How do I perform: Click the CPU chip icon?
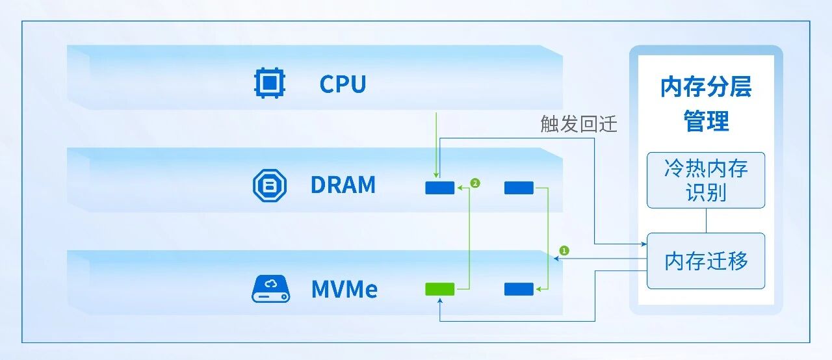269,84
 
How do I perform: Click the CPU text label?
343,84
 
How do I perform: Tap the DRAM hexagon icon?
269,185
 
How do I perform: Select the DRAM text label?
343,185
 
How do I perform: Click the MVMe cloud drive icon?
270,289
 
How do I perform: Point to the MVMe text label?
344,289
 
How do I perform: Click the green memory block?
439,289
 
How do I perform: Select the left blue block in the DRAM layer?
439,188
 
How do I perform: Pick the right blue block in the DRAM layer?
519,188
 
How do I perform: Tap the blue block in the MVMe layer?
519,289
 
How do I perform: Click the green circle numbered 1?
564,250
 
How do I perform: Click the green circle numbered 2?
475,184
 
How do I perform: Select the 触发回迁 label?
578,124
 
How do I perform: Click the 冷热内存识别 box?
706,180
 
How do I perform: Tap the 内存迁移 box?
706,261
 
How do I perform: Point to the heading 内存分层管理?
706,104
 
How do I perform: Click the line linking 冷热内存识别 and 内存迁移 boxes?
706,220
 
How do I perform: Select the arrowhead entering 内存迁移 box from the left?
642,244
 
